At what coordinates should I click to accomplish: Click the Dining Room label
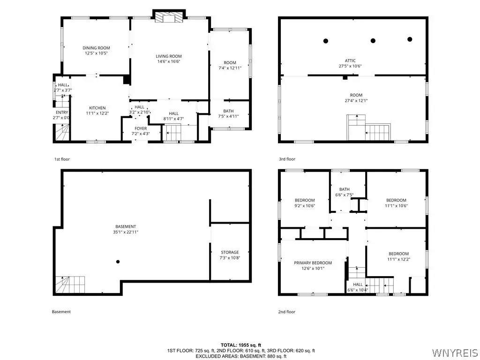point(96,48)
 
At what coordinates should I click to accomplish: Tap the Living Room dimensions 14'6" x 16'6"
point(169,61)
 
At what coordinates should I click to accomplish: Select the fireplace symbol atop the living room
point(169,17)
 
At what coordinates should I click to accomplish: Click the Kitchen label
point(97,108)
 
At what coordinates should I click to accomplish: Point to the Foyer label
point(141,128)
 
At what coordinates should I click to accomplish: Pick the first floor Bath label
point(228,111)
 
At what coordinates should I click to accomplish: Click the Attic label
point(350,60)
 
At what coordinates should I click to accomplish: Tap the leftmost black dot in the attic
point(326,41)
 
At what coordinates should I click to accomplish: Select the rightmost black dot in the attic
point(410,39)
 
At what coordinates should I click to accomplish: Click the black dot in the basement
point(118,262)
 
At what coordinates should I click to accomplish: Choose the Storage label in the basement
point(230,252)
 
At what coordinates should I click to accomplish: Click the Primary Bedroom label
point(313,262)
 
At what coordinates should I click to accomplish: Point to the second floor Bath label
point(345,189)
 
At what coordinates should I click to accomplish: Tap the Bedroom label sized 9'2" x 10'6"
point(305,200)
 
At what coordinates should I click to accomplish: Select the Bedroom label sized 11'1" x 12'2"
point(398,254)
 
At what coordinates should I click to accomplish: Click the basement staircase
point(70,285)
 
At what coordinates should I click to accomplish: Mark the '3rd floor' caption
point(287,159)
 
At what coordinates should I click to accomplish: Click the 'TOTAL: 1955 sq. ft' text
point(241,345)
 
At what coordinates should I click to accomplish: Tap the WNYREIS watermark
point(454,352)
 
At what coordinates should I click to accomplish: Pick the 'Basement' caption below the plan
point(61,312)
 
